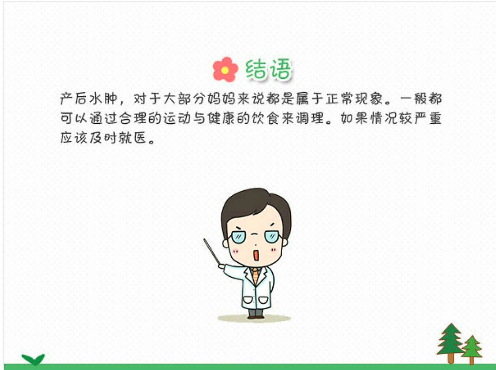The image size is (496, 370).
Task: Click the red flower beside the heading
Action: (225, 69)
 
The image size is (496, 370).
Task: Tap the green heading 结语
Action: (268, 69)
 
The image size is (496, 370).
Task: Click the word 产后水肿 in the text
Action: (89, 98)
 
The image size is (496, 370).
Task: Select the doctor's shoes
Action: (256, 315)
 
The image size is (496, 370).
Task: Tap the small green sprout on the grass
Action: (33, 359)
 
